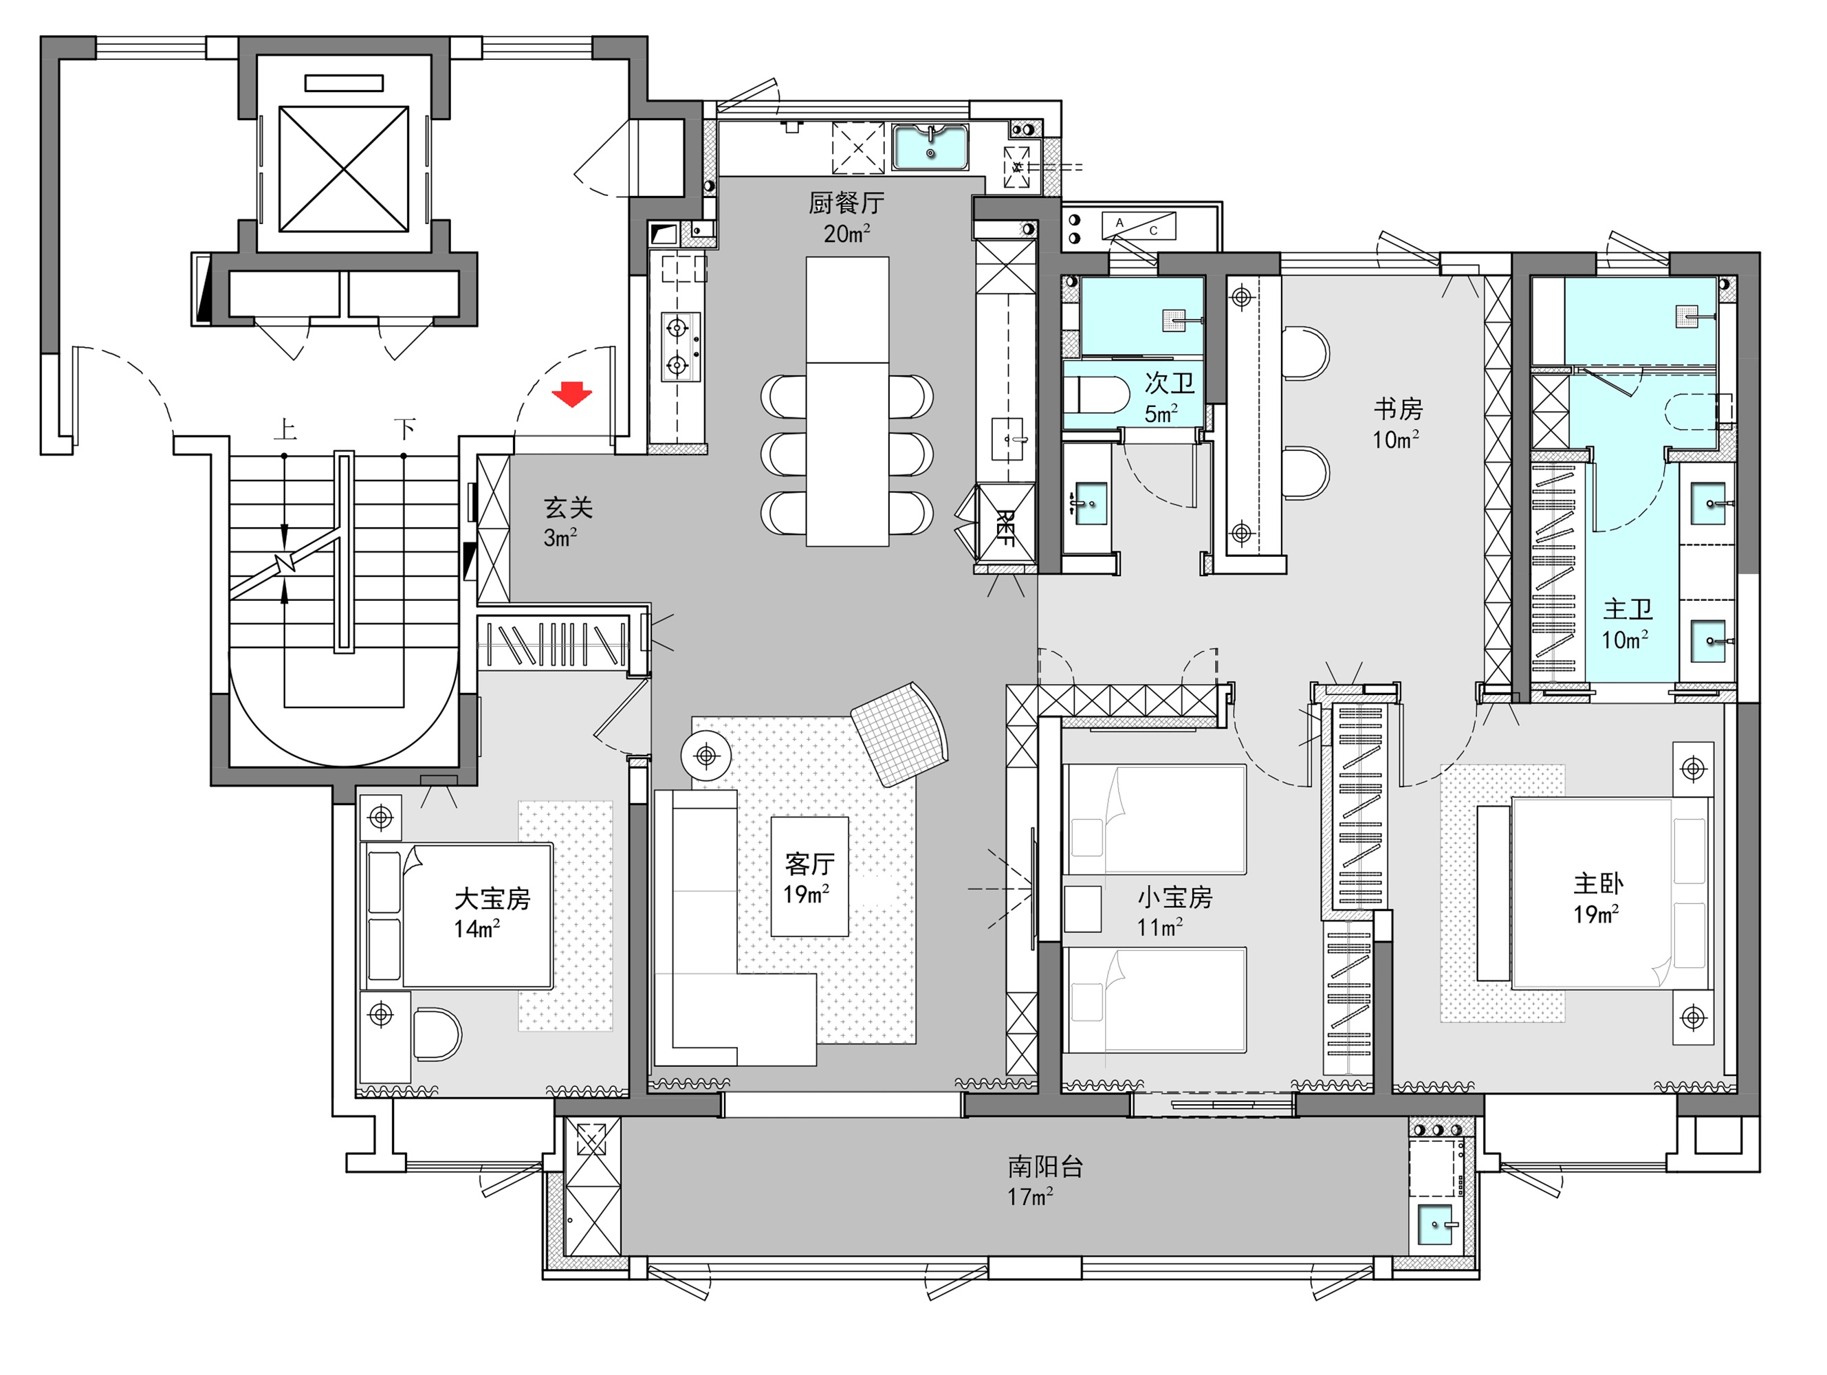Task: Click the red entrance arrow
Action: click(x=571, y=394)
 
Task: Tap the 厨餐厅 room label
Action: click(x=846, y=203)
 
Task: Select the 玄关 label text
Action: click(x=568, y=508)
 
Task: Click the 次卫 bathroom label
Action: click(x=1170, y=382)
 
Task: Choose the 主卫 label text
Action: click(x=1627, y=609)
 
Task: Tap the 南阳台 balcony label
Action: click(x=1044, y=1166)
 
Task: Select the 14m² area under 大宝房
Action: click(x=477, y=929)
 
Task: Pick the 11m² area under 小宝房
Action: click(x=1159, y=927)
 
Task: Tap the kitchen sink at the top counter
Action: click(x=930, y=147)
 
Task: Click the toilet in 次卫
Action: click(x=1096, y=395)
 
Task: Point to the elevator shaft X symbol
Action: click(x=344, y=168)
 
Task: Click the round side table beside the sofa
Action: click(x=706, y=755)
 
